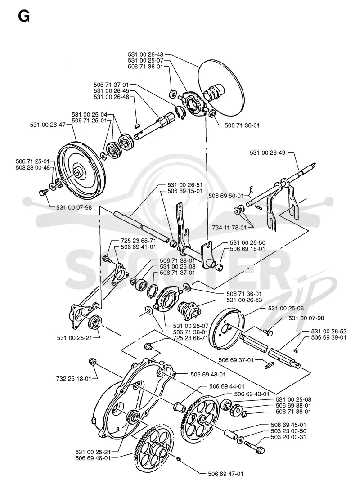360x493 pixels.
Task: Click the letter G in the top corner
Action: point(24,16)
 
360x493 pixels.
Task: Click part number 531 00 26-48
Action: point(145,54)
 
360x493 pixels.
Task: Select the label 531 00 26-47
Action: point(48,125)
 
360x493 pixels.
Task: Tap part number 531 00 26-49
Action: point(268,153)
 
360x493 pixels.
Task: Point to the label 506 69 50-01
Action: point(226,196)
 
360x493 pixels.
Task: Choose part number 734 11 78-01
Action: point(229,227)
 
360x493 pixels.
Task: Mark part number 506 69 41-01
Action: point(138,247)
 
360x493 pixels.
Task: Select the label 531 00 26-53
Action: point(244,300)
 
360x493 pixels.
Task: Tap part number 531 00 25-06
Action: point(286,309)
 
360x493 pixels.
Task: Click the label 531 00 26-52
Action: point(329,332)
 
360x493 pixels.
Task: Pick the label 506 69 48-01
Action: point(208,374)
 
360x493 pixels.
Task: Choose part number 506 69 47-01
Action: point(226,474)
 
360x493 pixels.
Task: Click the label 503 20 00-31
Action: point(288,437)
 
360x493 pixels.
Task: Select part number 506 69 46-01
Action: point(93,458)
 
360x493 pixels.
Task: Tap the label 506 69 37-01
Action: point(236,360)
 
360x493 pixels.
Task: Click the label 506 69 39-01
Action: point(329,337)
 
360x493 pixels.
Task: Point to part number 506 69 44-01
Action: point(227,386)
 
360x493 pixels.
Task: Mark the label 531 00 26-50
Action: point(248,243)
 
